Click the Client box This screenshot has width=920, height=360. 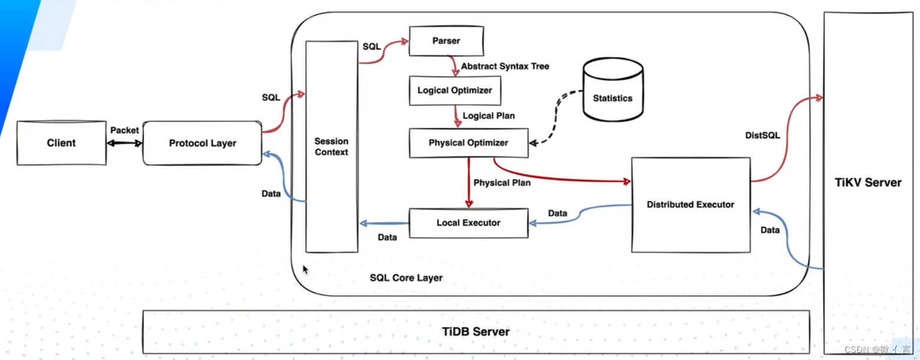click(61, 143)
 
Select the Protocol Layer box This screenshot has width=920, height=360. click(202, 143)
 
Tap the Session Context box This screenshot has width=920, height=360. click(332, 147)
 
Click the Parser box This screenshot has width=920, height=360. click(446, 41)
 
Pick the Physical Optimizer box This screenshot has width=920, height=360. click(468, 143)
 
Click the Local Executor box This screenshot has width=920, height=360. click(468, 223)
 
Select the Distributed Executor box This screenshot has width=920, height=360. click(690, 204)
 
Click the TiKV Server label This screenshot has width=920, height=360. click(868, 183)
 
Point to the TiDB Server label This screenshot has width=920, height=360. click(476, 332)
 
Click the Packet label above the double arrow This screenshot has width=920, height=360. click(124, 130)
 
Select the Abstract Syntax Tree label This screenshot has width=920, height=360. click(505, 67)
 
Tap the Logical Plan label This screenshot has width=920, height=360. click(488, 116)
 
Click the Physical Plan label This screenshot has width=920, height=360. click(502, 183)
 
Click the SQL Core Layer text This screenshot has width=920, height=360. click(406, 278)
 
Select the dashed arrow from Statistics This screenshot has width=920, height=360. click(557, 118)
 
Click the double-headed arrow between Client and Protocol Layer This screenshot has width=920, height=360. click(124, 143)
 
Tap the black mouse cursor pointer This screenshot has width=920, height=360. click(305, 269)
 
